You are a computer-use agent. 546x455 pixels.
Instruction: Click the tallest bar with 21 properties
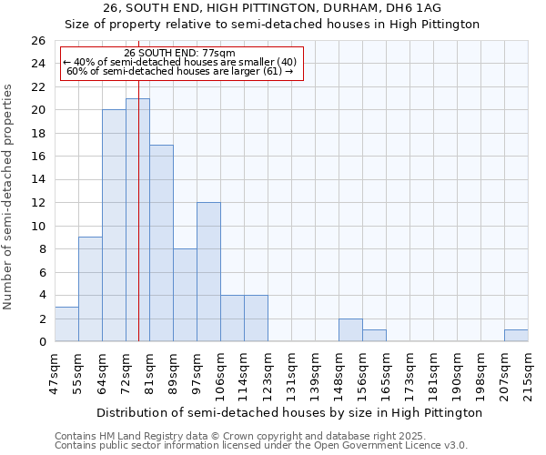tap(137, 220)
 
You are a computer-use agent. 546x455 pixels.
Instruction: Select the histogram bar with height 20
tap(114, 226)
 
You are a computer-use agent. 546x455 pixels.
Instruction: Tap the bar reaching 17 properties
tap(161, 243)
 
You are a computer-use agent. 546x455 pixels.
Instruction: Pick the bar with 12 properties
tap(208, 272)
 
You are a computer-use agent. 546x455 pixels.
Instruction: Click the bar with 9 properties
tap(90, 289)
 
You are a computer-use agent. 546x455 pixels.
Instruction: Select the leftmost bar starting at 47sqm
tap(66, 324)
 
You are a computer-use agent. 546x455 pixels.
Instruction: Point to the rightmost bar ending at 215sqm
tap(516, 336)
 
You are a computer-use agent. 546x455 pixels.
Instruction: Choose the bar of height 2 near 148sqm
tap(350, 330)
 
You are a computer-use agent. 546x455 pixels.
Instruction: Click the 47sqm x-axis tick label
tap(55, 370)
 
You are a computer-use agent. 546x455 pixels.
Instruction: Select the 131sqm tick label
tap(291, 372)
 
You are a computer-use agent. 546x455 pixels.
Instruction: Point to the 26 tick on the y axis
tap(37, 41)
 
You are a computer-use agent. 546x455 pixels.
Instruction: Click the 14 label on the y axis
tap(37, 180)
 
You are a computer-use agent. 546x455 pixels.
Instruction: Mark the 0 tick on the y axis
tap(41, 342)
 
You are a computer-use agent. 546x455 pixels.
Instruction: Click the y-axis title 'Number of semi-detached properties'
tap(9, 197)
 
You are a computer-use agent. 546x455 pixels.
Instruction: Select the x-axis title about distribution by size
tap(288, 412)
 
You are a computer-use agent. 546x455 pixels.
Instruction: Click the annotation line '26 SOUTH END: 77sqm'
tap(179, 53)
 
